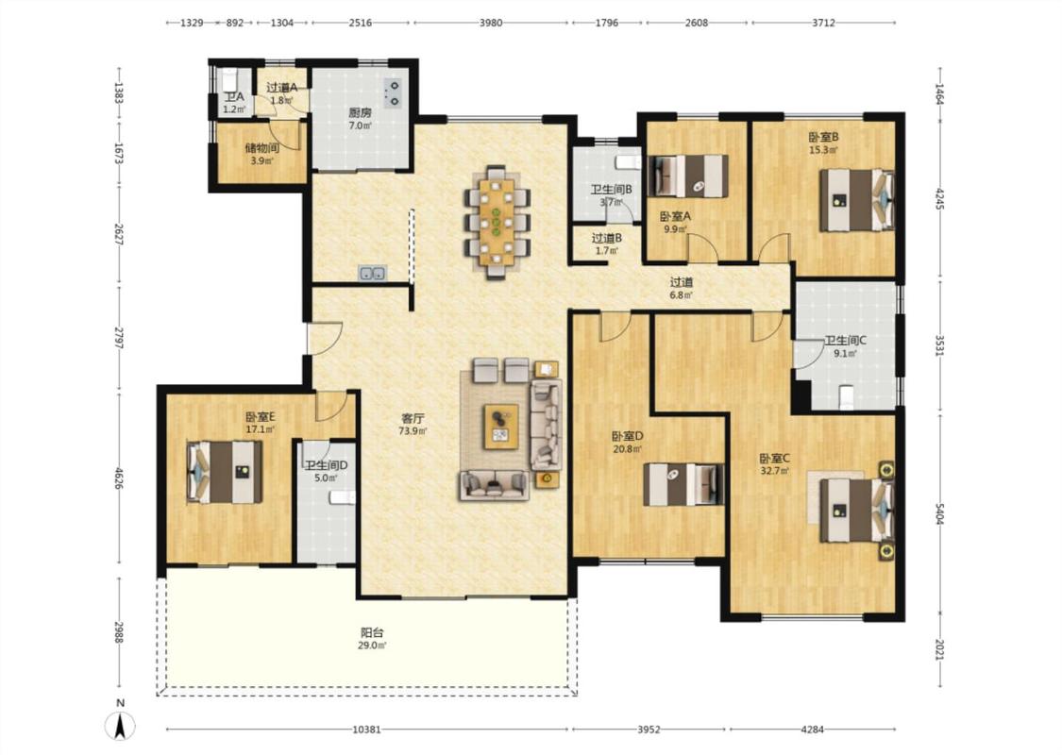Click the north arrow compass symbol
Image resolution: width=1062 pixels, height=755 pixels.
tap(121, 727)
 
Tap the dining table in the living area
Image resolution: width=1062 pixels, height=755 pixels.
tap(497, 221)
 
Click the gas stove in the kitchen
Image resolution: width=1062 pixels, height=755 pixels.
tap(392, 94)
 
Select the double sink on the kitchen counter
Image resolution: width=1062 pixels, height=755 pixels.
tap(373, 273)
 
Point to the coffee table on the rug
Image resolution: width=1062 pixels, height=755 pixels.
tap(501, 426)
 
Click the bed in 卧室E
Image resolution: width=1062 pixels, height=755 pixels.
tap(224, 472)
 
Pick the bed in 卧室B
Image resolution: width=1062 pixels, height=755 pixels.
tap(857, 200)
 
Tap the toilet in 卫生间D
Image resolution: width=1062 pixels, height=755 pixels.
tap(342, 497)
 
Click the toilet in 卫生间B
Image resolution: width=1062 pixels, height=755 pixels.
tap(628, 161)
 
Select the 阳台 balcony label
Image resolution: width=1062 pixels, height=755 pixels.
tap(372, 632)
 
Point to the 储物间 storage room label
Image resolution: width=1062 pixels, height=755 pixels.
tap(262, 148)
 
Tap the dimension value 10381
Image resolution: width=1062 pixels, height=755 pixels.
tap(366, 730)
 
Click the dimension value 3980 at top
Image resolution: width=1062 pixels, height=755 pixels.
tap(490, 23)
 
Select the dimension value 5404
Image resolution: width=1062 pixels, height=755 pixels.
tap(939, 512)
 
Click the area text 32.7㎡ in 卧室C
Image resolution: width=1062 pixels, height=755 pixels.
tap(774, 471)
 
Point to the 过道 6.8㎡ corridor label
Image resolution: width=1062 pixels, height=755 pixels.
tap(682, 289)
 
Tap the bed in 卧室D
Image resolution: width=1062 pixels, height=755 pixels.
tap(683, 484)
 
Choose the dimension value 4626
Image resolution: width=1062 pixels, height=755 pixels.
tap(119, 478)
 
